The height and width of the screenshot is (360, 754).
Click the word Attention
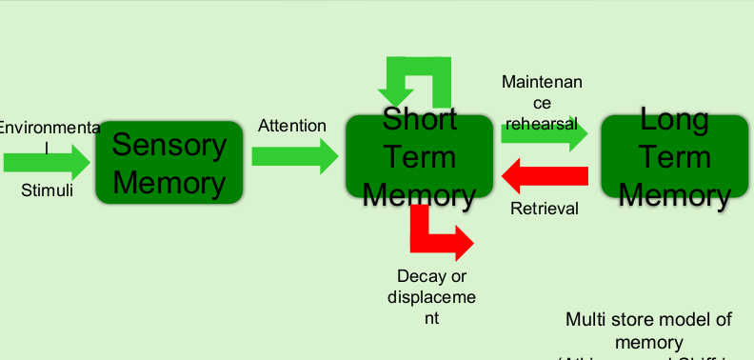292,126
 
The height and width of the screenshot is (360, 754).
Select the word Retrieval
545,209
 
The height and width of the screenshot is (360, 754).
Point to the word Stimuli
47,190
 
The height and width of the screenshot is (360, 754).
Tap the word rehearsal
542,123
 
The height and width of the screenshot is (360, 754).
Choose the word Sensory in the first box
169,145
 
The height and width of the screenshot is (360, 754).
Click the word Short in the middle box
419,120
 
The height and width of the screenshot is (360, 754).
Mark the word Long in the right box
674,120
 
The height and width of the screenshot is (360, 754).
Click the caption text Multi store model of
648,319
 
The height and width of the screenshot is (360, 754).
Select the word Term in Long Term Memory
674,156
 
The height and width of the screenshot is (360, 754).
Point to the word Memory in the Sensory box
169,182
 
